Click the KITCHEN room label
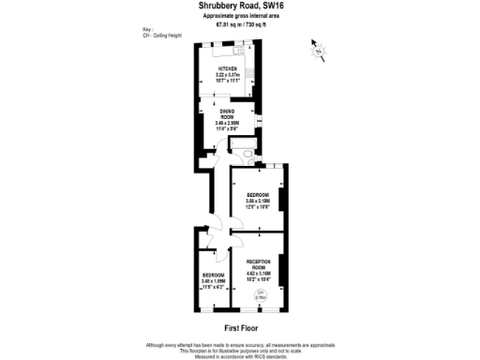229,69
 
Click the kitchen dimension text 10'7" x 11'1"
229,81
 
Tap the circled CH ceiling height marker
262,295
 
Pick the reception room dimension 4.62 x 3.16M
258,274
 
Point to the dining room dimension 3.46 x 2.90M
228,123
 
